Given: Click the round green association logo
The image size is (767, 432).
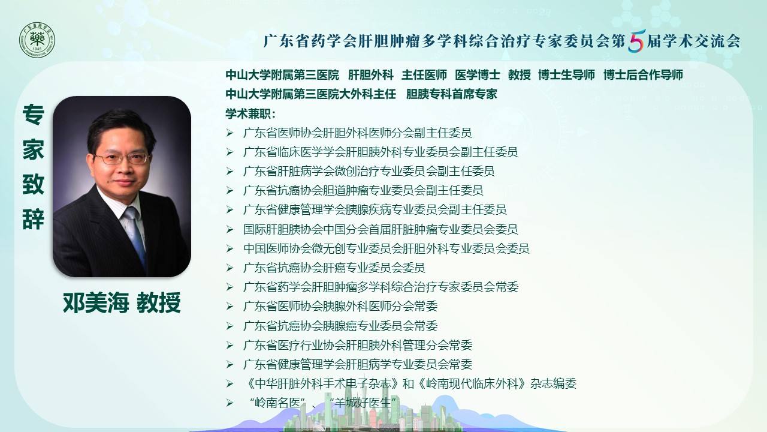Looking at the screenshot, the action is tap(37, 40).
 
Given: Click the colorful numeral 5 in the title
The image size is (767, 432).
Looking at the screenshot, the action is tap(636, 41).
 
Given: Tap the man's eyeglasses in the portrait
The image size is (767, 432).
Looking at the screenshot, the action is tap(121, 158).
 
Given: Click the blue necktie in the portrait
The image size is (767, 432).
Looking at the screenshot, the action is tap(136, 233).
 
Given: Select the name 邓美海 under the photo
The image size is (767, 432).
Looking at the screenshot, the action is tap(96, 303).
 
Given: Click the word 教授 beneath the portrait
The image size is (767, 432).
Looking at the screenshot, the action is tap(159, 303).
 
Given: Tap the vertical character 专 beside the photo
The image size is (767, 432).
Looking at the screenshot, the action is tap(33, 115).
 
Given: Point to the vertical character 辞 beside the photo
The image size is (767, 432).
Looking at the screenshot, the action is tap(33, 219).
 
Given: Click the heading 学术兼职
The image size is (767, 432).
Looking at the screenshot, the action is tap(250, 113).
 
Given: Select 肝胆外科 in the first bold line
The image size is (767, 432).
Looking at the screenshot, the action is tap(371, 75).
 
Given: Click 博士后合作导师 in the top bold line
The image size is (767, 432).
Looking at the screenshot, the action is tap(643, 75).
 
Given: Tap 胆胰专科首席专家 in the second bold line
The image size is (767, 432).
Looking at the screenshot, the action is tap(451, 94).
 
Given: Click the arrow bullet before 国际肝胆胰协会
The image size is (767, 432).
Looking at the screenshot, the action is tap(230, 229).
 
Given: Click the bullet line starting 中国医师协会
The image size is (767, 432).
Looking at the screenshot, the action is tap(386, 248).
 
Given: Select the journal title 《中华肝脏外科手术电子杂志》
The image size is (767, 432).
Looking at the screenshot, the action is tap(322, 383).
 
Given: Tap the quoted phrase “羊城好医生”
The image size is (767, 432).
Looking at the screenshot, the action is tap(364, 403).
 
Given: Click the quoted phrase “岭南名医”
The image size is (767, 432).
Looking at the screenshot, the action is tap(278, 403).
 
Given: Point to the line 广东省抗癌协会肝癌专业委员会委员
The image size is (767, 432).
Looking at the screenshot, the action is tap(334, 268).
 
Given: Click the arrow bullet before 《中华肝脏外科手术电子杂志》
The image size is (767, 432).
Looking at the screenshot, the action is tap(230, 383).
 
